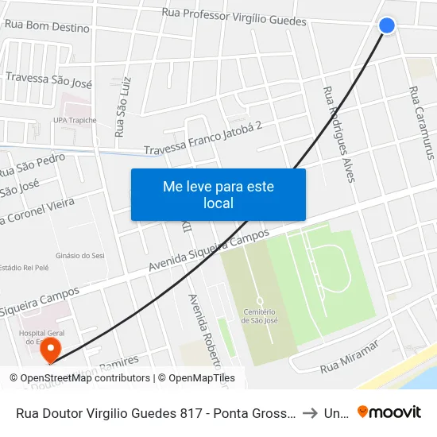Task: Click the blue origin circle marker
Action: [387, 25]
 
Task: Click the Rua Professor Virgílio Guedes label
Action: [234, 17]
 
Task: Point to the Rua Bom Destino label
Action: [47, 27]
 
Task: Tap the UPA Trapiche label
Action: [74, 121]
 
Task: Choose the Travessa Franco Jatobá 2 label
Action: [203, 138]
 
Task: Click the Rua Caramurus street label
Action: [422, 122]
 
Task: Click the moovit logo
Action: [389, 412]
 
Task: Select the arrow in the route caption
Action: [311, 412]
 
